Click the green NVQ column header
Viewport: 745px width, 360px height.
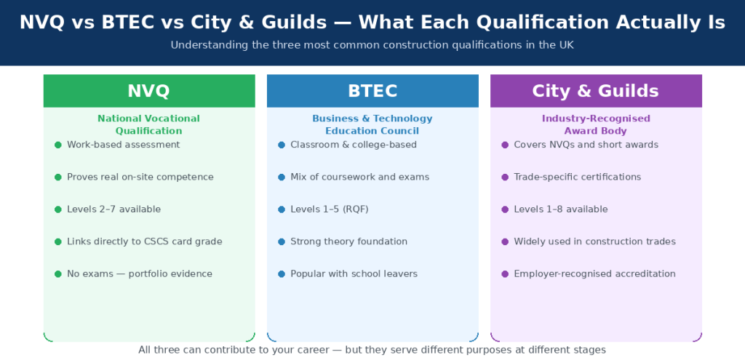[x=148, y=91]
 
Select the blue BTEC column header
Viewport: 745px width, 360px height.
[x=372, y=91]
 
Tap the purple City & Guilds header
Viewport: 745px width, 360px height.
[x=596, y=91]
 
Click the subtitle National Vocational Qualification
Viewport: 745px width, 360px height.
[x=148, y=124]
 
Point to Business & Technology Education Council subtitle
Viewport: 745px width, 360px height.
[x=372, y=124]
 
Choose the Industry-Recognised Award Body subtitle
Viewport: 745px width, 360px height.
[x=596, y=124]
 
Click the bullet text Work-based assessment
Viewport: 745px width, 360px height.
[x=123, y=145]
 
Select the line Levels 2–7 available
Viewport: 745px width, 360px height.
[x=113, y=209]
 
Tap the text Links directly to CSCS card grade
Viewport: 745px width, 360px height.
[x=144, y=241]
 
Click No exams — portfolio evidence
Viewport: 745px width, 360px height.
[x=139, y=274]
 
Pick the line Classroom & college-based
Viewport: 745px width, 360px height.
[x=354, y=145]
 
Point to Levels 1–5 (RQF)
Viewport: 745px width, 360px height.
[x=329, y=209]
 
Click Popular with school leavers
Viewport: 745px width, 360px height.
[x=354, y=274]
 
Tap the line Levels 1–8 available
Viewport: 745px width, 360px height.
[x=560, y=209]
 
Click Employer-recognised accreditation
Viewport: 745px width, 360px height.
[x=594, y=274]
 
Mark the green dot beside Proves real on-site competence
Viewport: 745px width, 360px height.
[x=58, y=177]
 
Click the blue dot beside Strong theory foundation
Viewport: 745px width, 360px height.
[x=282, y=241]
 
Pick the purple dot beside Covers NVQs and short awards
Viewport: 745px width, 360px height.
[x=505, y=145]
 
